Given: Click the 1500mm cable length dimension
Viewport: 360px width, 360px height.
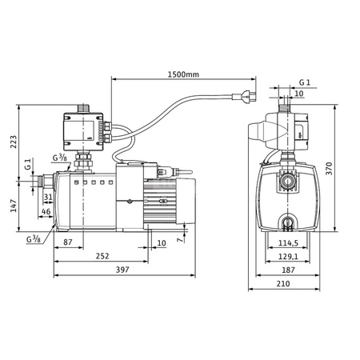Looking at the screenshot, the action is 183,74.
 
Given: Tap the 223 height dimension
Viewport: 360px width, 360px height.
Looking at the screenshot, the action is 14,142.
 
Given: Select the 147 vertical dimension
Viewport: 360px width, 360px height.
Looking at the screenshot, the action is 14,206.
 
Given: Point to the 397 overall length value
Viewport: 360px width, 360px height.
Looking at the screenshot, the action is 122,270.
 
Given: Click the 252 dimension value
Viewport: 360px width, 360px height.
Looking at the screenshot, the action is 102,256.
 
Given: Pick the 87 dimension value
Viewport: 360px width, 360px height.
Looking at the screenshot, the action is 68,242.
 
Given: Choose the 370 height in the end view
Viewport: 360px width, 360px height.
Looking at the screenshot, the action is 330,169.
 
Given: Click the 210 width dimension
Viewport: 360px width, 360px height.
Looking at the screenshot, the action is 283,283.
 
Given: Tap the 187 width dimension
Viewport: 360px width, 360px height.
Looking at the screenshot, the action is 288,270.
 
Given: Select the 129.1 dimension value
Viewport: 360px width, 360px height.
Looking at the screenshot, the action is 288,257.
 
